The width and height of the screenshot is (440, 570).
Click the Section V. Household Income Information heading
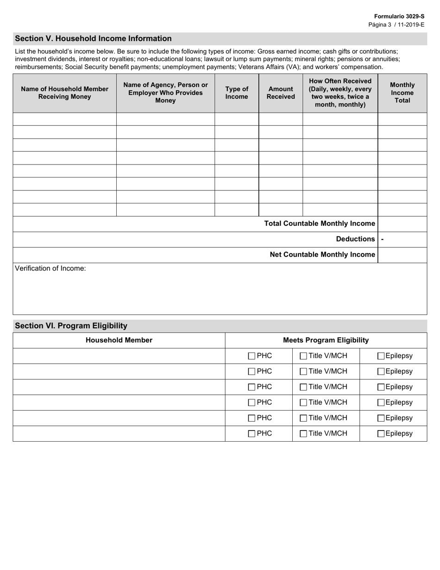93,38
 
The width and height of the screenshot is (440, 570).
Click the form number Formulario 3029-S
399,16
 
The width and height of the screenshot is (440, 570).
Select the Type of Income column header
236,93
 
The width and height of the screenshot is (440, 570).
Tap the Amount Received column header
281,93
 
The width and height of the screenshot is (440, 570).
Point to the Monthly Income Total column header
402,93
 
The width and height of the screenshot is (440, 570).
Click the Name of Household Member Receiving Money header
64,93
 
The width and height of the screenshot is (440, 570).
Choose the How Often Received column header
340,93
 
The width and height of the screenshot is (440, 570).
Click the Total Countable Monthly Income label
319,224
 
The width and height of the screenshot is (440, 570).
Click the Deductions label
355,239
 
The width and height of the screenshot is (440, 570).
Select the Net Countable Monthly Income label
322,254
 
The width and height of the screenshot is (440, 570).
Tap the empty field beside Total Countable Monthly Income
402,224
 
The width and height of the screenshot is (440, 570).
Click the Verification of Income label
50,268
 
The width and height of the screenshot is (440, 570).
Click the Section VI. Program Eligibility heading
71,326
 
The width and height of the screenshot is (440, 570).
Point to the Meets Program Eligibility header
326,340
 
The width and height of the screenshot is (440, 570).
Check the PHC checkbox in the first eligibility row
251,356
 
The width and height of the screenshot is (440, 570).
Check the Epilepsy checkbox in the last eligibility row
381,434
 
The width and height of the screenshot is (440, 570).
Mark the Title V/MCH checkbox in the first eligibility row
303,356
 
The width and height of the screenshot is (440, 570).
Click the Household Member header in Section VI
119,340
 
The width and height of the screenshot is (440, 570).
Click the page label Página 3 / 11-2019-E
396,25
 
